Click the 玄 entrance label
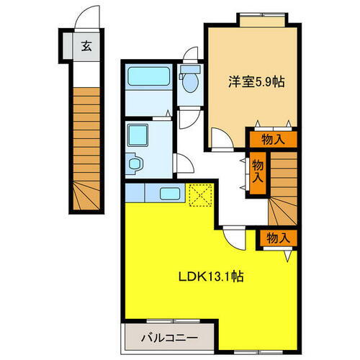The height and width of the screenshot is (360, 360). pos(86,48)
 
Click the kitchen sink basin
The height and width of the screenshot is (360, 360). pos(170,194)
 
